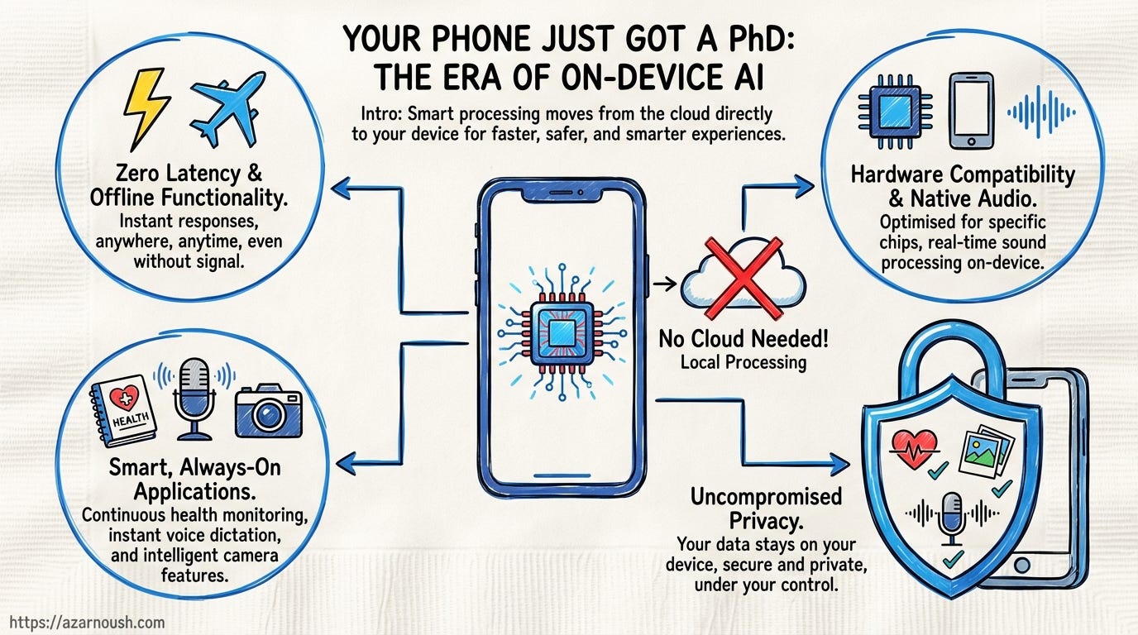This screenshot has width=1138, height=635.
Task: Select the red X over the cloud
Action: (x=742, y=277)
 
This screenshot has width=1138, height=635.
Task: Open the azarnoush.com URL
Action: (x=84, y=623)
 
